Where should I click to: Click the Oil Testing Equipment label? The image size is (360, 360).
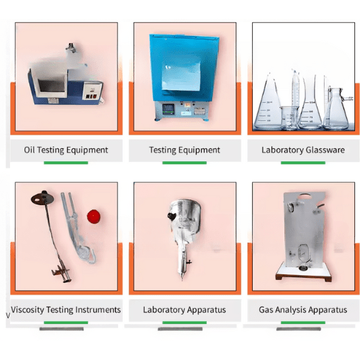pyautogui.click(x=66, y=150)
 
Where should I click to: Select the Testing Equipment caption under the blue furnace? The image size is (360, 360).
pyautogui.click(x=184, y=150)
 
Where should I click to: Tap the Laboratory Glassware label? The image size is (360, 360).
pyautogui.click(x=302, y=150)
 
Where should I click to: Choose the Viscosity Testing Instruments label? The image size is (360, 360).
pyautogui.click(x=66, y=310)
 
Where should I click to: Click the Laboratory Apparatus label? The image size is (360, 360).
pyautogui.click(x=184, y=310)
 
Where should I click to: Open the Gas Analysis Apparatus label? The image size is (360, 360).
pyautogui.click(x=302, y=310)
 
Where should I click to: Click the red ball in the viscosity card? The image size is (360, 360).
pyautogui.click(x=92, y=215)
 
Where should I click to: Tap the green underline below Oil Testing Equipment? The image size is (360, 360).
pyautogui.click(x=66, y=163)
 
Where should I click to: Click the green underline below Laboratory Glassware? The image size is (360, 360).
pyautogui.click(x=302, y=163)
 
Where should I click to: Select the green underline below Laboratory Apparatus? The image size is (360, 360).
pyautogui.click(x=184, y=321)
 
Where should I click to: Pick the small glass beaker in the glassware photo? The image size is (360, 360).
pyautogui.click(x=286, y=117)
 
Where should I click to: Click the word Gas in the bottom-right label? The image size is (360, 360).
pyautogui.click(x=267, y=310)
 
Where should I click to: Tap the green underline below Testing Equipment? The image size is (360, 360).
pyautogui.click(x=184, y=163)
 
